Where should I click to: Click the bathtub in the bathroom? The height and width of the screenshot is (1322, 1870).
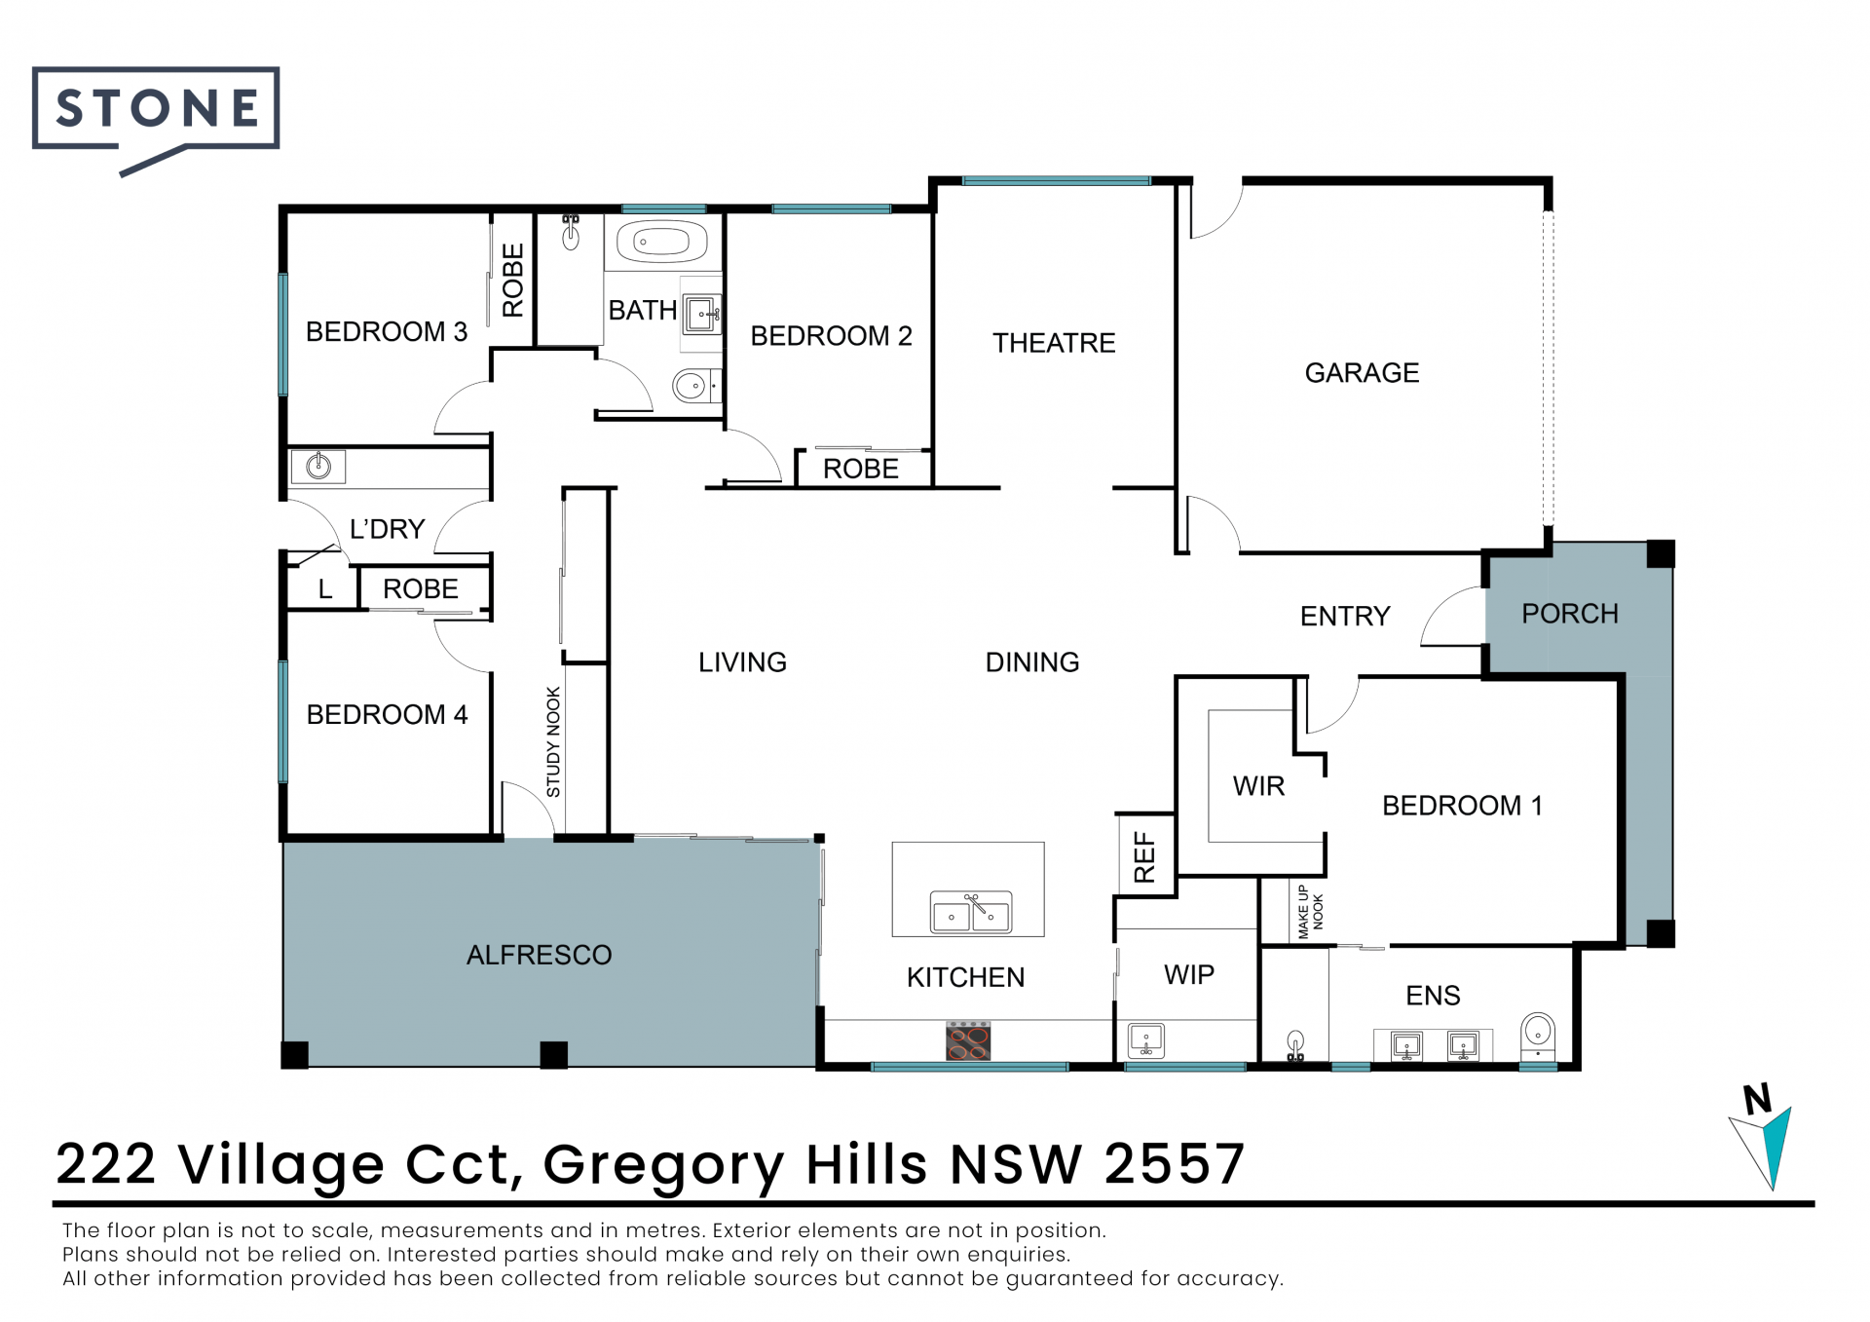661,242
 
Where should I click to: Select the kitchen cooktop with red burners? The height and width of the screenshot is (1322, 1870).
968,1041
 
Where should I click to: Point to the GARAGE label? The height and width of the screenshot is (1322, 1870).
1362,373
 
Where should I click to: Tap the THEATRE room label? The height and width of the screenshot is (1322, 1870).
1054,343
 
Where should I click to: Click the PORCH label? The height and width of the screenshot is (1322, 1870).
1570,614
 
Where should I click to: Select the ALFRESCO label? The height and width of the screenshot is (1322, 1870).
540,955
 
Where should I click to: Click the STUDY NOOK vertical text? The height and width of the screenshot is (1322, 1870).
553,742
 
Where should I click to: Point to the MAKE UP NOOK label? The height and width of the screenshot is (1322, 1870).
1310,912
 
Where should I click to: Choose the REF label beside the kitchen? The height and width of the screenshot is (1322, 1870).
1144,857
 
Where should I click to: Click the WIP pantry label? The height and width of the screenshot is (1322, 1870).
1189,975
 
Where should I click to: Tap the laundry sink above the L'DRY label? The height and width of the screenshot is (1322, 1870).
318,467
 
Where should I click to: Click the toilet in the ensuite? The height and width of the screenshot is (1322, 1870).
1538,1035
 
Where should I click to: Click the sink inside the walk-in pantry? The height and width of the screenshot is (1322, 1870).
1146,1040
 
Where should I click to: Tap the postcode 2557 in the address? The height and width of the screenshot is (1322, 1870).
1175,1164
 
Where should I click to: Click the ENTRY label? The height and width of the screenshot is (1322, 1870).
1345,617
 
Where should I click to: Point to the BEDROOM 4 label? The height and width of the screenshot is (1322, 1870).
387,715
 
